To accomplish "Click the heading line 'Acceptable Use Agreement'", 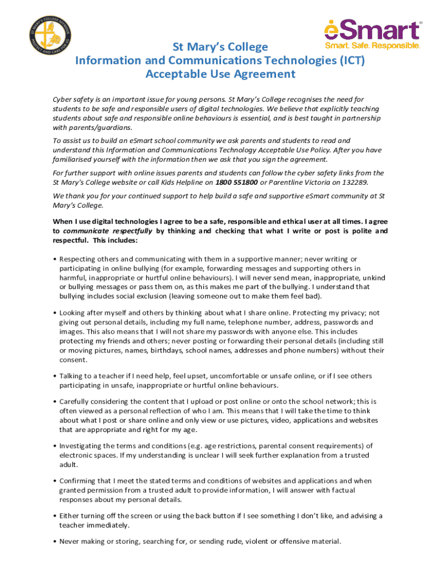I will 220,74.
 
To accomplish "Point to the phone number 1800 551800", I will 237,182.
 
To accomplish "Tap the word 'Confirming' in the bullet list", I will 77,481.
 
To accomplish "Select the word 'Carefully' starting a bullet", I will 76,402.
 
